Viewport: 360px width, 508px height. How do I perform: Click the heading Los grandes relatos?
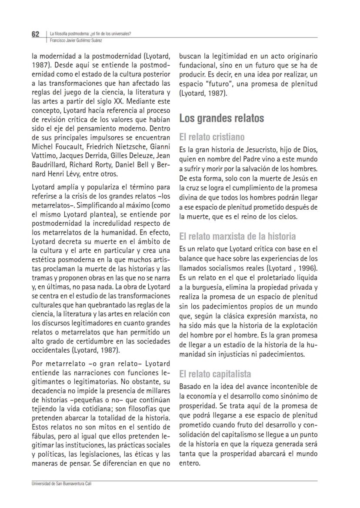pos(222,118)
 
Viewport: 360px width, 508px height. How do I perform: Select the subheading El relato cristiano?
pos(212,137)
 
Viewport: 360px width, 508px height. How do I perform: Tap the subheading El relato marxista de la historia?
pos(237,237)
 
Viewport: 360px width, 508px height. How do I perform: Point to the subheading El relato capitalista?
pos(215,374)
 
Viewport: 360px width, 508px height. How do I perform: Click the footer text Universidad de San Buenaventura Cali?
pos(61,484)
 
